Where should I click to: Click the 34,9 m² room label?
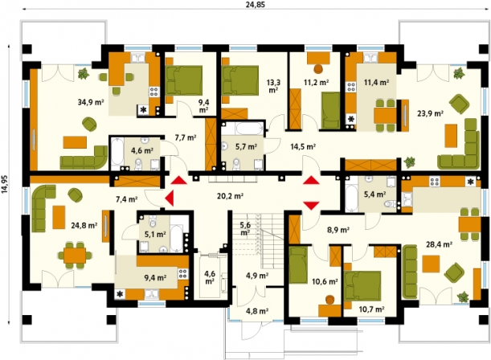tap(91, 102)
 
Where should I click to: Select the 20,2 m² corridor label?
tap(231, 196)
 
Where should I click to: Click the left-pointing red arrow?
tap(169, 198)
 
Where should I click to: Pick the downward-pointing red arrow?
tap(311, 206)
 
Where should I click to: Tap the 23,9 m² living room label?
tap(430, 113)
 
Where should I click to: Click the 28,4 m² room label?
tap(439, 245)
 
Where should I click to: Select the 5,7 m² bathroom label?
tap(247, 146)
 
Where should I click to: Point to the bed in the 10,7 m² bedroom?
tap(362, 286)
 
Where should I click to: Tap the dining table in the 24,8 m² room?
tap(75, 255)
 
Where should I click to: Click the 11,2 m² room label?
tap(317, 82)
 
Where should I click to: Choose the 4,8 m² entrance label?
tap(257, 311)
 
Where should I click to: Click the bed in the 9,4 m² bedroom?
tap(183, 80)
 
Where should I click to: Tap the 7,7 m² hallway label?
tap(186, 137)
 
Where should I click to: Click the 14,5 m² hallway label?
tap(303, 146)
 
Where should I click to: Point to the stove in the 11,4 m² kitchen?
tap(350, 87)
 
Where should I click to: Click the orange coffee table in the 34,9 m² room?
tap(75, 142)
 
